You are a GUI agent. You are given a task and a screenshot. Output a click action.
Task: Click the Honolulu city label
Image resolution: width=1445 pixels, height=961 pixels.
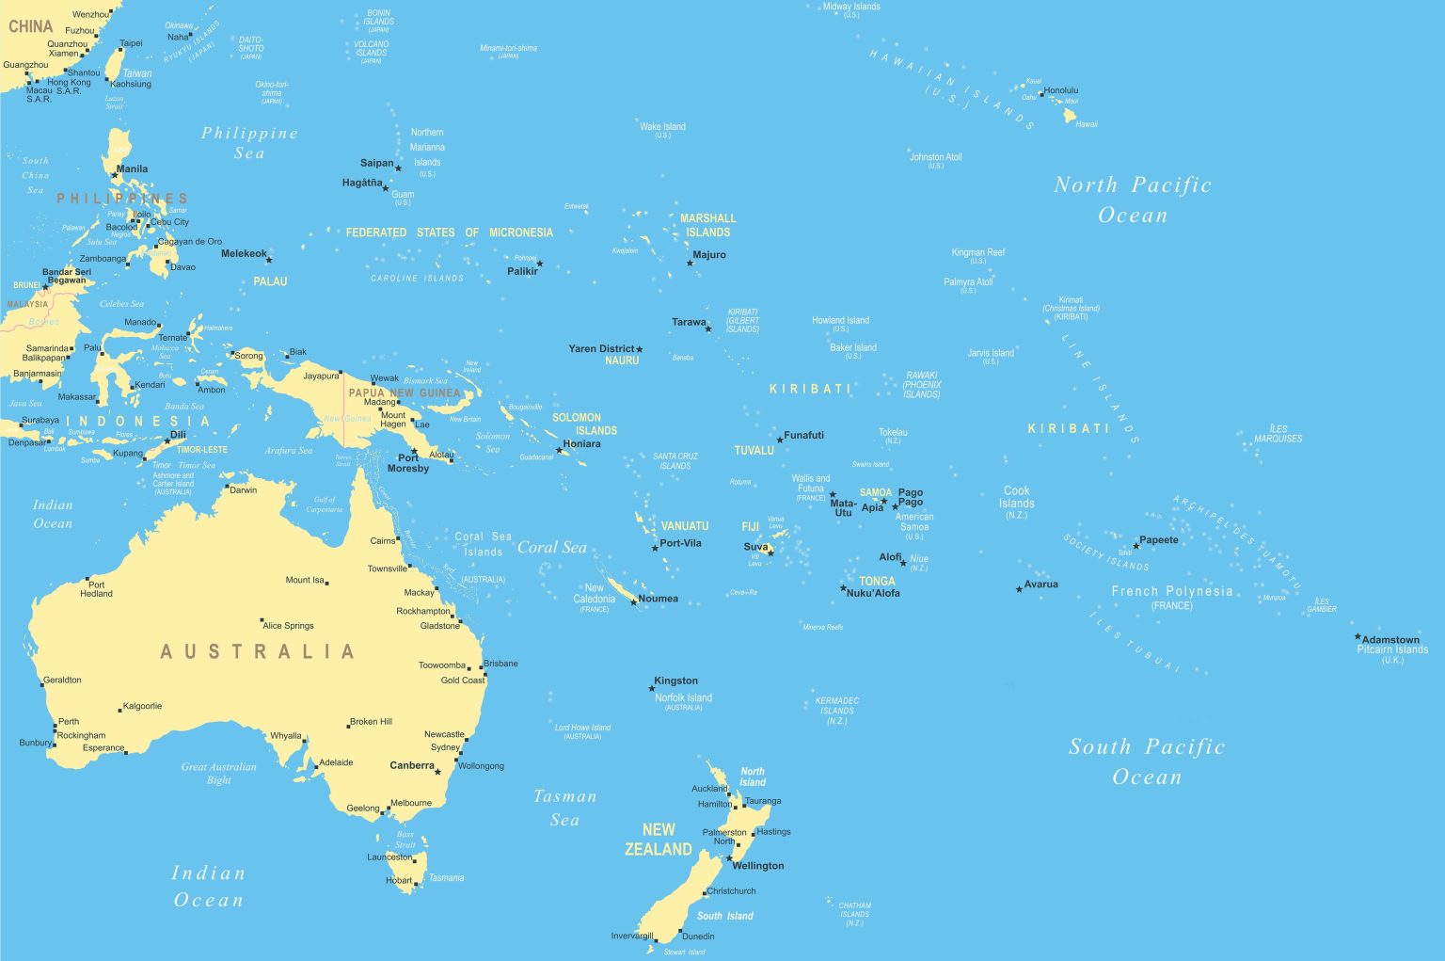coord(1061,90)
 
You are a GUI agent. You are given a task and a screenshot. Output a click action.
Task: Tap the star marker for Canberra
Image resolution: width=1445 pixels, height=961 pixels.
coord(437,772)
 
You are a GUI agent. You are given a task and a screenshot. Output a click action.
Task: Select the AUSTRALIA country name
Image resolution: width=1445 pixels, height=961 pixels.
coord(258,651)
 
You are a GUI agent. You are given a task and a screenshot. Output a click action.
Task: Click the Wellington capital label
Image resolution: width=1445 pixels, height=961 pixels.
coord(758,866)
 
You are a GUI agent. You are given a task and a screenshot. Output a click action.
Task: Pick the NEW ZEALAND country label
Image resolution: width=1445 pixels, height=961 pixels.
coord(659,840)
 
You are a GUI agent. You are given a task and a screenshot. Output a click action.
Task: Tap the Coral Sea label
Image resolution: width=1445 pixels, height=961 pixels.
coord(552,547)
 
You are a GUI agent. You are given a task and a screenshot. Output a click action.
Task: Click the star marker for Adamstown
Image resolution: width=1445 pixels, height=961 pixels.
coord(1358,636)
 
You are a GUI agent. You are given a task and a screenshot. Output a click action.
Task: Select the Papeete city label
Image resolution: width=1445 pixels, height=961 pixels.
coord(1159,540)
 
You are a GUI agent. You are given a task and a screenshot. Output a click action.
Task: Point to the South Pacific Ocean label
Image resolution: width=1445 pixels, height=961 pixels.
coord(1147,761)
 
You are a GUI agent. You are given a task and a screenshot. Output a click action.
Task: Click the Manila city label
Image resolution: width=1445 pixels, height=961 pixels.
coord(132,169)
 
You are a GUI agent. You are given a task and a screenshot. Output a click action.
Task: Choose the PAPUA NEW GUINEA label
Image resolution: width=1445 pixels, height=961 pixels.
coord(405,392)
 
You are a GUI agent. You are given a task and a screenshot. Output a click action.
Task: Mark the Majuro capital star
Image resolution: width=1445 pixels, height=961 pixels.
coord(690,263)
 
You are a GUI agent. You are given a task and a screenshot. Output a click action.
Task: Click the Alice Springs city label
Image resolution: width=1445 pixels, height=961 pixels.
coord(288,625)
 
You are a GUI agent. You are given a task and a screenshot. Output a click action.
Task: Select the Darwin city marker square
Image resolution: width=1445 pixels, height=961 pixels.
coord(226,487)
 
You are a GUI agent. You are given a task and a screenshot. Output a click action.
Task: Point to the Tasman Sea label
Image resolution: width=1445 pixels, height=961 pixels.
coord(564,808)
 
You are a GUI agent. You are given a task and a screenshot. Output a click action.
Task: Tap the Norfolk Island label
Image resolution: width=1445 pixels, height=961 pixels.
coord(683,697)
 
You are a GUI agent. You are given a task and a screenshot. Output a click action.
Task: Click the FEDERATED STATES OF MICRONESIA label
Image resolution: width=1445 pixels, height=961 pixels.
coord(450,232)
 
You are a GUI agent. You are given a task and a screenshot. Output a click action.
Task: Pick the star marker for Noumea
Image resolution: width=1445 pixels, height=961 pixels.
coord(633,601)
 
